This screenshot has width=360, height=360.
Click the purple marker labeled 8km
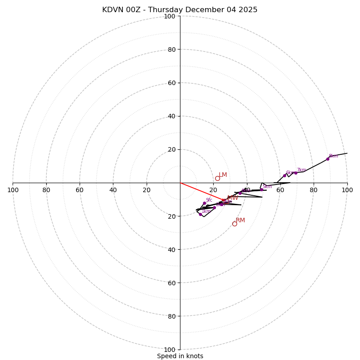coord(328,159)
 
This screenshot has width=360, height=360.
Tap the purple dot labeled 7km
coord(296,173)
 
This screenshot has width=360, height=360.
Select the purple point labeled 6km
coord(284,175)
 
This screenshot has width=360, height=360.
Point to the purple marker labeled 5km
coord(261,189)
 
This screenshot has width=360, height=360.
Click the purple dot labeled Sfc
coord(204,203)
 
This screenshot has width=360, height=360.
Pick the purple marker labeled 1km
coord(200,214)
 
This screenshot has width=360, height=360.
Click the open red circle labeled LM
coord(217,179)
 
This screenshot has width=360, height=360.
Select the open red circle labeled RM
coord(234,224)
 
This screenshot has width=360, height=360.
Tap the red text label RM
coord(240,220)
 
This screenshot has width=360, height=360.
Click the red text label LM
coord(223,175)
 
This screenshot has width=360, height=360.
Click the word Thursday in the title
coord(165,10)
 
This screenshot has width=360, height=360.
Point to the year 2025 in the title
coord(248,10)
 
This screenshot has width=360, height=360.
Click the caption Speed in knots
coord(180,356)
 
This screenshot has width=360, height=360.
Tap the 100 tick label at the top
coord(170,16)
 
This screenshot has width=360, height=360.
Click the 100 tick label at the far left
coord(13,190)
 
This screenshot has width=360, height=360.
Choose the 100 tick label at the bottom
coord(170,350)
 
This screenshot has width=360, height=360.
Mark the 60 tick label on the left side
coord(80,190)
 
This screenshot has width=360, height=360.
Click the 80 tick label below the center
coord(171,316)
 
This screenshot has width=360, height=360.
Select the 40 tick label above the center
coord(171,116)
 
